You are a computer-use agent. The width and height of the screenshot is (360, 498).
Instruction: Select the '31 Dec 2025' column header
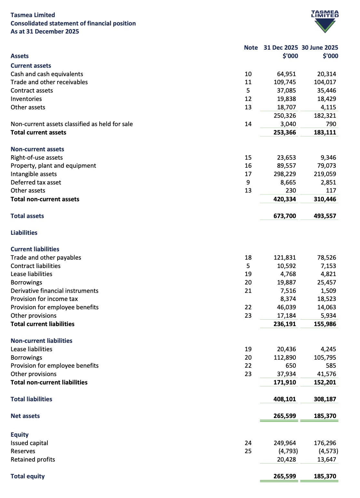click(281, 47)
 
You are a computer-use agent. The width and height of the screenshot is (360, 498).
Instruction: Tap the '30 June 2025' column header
click(320, 47)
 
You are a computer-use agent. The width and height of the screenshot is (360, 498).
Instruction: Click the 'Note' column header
click(251, 47)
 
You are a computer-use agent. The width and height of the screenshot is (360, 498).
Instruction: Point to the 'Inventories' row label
click(26, 99)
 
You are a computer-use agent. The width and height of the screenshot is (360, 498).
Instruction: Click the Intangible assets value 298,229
click(285, 174)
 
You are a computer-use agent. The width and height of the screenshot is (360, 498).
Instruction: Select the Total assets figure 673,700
click(285, 216)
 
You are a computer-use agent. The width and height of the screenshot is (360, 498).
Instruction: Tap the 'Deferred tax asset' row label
click(36, 182)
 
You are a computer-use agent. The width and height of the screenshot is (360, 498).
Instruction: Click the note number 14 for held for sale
click(248, 124)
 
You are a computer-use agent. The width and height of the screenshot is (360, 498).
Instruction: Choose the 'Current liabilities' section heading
click(35, 249)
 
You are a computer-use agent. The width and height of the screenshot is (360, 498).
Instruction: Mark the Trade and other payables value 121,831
click(285, 257)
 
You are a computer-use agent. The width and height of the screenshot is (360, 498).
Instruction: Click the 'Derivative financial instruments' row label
click(55, 291)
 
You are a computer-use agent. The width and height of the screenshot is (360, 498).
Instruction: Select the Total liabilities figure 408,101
click(285, 399)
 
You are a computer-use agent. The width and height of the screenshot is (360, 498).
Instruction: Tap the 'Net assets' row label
click(25, 416)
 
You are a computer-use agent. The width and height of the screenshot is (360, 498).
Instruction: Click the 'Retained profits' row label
click(33, 459)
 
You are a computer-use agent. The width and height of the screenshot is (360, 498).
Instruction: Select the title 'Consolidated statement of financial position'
click(73, 23)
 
